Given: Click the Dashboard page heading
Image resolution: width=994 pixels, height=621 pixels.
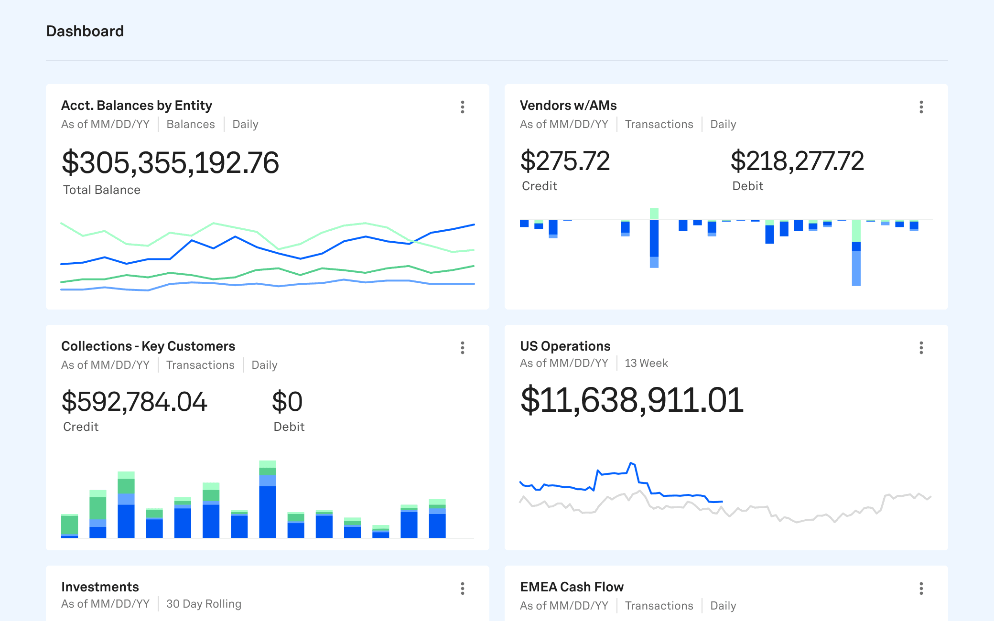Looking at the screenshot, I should (85, 31).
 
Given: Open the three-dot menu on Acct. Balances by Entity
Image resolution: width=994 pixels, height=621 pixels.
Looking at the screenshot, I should (462, 107).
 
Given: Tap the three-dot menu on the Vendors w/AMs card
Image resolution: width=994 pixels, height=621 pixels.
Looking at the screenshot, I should (921, 107).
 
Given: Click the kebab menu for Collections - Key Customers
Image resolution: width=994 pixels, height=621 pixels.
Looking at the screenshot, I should (462, 348).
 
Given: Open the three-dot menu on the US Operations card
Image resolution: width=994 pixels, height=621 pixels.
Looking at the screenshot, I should (921, 348).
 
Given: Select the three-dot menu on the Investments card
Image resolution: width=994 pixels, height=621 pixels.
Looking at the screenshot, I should (462, 589).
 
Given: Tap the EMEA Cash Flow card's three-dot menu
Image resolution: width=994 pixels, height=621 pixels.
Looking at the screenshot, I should (921, 589).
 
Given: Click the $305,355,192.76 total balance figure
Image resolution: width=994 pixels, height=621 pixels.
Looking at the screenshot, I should (170, 163).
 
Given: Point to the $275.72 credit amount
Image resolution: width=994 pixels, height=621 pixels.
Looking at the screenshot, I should (565, 161).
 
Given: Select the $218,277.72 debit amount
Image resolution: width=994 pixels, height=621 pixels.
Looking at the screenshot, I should (797, 161).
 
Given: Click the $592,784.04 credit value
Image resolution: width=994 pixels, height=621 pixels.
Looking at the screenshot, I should (134, 402).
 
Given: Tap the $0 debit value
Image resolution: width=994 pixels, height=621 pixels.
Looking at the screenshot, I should (287, 402).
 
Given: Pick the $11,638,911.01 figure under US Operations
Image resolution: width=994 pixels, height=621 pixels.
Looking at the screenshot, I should (632, 400).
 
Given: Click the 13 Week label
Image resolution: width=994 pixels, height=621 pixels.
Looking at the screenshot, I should (646, 363).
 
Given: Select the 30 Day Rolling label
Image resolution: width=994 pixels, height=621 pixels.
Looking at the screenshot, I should (204, 604).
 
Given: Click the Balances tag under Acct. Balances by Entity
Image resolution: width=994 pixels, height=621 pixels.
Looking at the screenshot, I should (191, 124).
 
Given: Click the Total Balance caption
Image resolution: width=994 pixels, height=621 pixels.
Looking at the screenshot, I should (102, 190).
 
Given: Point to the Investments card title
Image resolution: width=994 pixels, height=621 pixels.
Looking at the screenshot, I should (100, 587).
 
